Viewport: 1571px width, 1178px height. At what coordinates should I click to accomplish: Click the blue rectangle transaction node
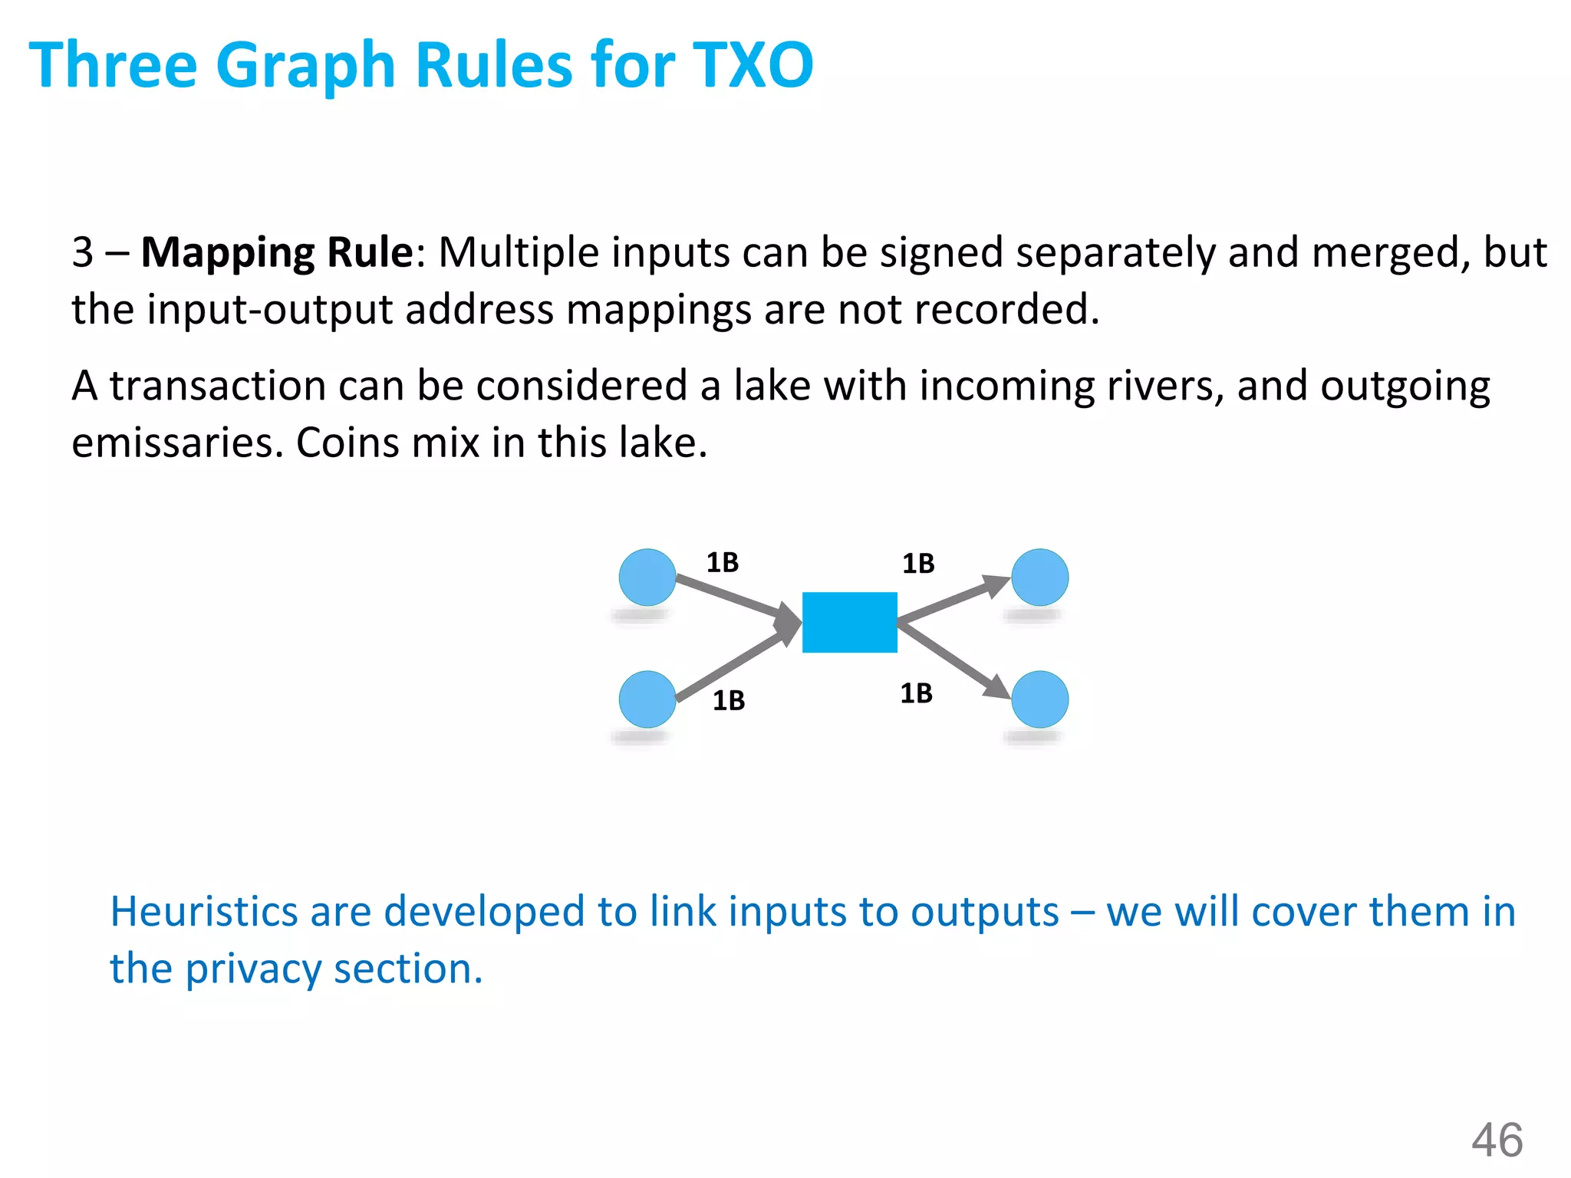point(849,622)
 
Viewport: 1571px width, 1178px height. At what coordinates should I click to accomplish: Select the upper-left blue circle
point(647,577)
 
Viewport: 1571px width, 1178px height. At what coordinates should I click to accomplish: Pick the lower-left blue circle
point(647,699)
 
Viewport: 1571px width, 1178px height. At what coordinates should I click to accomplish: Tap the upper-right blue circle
point(1039,577)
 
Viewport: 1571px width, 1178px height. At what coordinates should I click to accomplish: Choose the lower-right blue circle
point(1039,699)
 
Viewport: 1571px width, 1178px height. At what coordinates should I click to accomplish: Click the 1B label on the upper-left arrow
point(722,563)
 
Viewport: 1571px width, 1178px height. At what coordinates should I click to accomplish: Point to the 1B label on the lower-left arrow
point(729,701)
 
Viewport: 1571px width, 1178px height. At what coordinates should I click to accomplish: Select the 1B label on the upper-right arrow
point(918,564)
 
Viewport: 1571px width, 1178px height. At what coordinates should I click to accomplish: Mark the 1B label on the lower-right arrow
point(916,693)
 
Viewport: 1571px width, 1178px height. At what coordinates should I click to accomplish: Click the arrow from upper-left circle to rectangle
point(733,598)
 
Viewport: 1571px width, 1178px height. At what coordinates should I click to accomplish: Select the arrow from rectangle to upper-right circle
point(951,601)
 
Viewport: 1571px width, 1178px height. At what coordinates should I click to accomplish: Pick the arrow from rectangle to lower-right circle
point(951,660)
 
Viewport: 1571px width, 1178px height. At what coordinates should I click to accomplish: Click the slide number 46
point(1497,1140)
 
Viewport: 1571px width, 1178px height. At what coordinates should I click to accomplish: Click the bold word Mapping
point(228,252)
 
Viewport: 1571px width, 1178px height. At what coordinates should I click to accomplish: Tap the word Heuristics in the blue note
point(203,912)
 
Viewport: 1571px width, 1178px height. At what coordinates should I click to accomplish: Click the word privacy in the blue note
point(253,969)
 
